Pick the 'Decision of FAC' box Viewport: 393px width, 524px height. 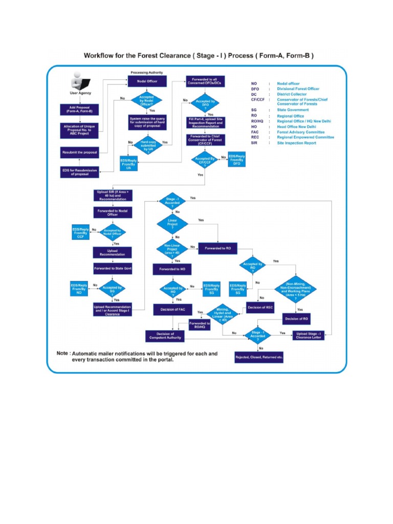pyautogui.click(x=172, y=309)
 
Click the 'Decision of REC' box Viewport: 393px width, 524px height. pyautogui.click(x=260, y=307)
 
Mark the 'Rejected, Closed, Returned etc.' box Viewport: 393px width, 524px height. pyautogui.click(x=259, y=356)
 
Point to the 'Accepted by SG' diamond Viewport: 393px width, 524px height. pyautogui.click(x=112, y=289)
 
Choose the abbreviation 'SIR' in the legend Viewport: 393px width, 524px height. pyautogui.click(x=254, y=143)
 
